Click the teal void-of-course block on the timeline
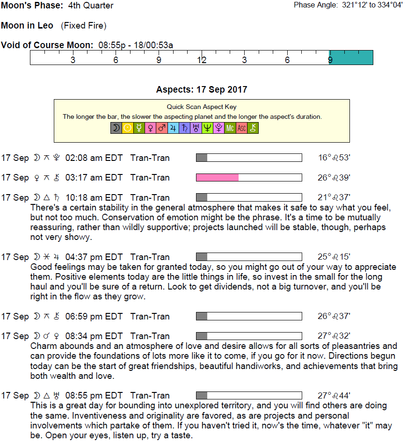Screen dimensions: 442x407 pos(351,57)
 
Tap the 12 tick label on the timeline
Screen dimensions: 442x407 pos(202,60)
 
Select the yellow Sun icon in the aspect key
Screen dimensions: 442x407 pos(127,128)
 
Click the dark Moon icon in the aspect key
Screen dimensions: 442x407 pos(116,128)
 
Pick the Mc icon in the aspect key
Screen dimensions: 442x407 pos(230,128)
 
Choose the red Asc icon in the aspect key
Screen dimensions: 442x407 pos(241,128)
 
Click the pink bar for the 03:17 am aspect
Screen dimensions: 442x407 pos(217,178)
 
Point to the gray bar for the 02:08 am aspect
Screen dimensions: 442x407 pos(202,158)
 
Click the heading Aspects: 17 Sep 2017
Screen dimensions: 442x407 pos(202,90)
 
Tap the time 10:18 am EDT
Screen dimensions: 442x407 pos(94,198)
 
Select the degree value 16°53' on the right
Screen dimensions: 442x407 pos(334,158)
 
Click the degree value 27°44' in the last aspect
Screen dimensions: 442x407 pos(334,396)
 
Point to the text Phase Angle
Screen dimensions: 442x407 pos(314,5)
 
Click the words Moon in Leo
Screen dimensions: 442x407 pos(27,25)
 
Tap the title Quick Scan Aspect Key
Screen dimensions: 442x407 pos(202,107)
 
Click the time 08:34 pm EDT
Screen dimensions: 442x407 pos(94,336)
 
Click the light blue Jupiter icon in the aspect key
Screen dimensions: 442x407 pos(173,128)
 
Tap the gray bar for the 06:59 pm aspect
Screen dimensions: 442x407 pos(202,317)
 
